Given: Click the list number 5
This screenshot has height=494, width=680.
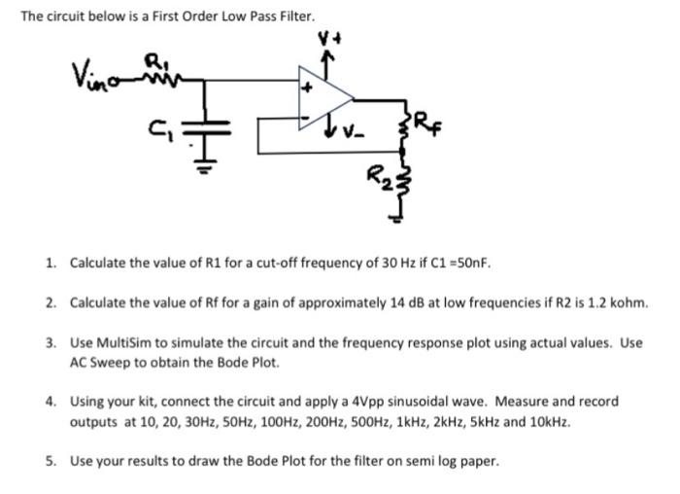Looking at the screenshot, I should pos(51,462).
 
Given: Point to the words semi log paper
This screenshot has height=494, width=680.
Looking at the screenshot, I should pos(453,462).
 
